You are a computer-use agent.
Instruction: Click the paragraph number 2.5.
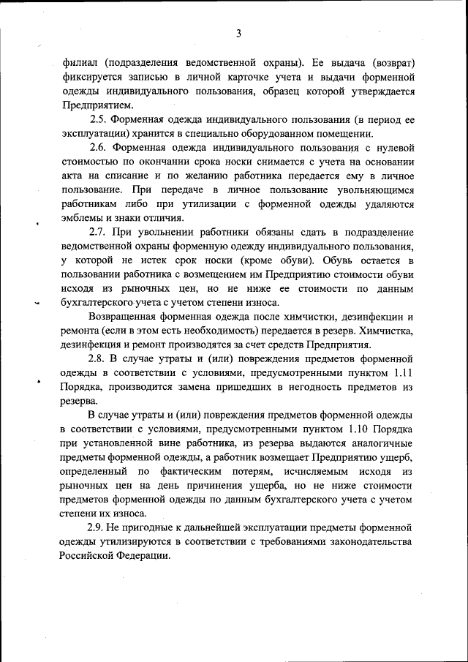(98, 120)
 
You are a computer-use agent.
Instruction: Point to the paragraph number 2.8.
(98, 358)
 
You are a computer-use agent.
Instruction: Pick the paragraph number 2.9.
(98, 527)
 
